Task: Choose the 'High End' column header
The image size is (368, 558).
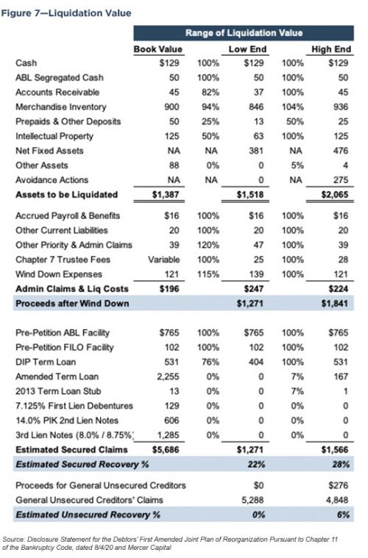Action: pyautogui.click(x=331, y=49)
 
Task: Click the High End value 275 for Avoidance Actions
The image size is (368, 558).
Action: pyautogui.click(x=339, y=180)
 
